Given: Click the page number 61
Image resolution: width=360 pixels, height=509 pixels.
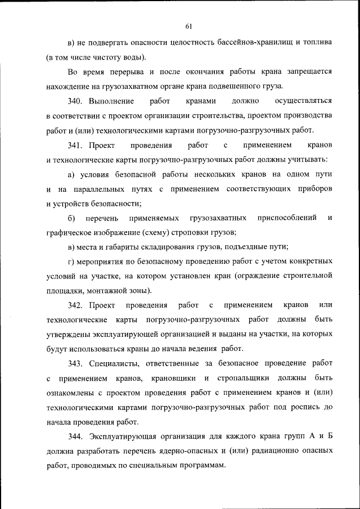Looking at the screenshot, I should pyautogui.click(x=188, y=25).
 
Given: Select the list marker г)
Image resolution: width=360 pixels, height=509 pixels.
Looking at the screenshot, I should pyautogui.click(x=71, y=262).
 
